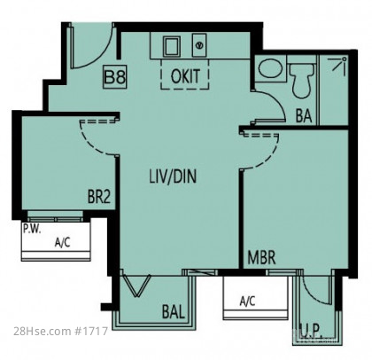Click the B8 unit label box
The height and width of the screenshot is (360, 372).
tap(114, 77)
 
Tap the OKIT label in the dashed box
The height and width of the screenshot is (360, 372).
tap(185, 75)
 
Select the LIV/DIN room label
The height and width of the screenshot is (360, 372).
tap(173, 176)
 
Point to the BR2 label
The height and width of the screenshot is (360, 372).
tap(99, 196)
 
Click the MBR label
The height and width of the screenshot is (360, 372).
tap(261, 257)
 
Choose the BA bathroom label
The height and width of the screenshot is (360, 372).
tap(304, 115)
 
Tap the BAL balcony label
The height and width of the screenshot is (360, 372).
tap(174, 311)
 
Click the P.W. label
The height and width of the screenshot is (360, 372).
tap(32, 229)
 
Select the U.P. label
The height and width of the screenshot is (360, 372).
tap(312, 329)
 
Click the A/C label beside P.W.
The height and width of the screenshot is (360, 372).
tap(63, 243)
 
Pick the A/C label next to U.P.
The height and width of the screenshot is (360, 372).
tap(247, 301)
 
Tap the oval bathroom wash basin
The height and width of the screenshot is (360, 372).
tap(270, 67)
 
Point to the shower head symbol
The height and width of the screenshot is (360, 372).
tap(339, 65)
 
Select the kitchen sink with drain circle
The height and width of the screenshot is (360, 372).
tap(199, 45)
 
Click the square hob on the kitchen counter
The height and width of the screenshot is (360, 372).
tap(172, 46)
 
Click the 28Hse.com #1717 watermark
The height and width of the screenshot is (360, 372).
tap(60, 331)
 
